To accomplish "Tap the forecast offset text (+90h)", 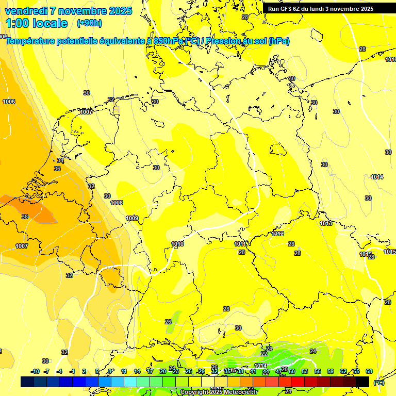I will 89,23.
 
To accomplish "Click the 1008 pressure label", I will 117,203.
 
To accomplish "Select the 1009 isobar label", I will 132,218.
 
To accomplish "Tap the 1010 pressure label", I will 177,244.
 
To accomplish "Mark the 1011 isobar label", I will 240,244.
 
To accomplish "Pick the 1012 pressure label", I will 277,234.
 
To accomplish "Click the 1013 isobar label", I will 325,223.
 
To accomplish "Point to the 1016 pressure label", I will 390,59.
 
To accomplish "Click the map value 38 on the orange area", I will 25,217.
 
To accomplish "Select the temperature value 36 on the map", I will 57,169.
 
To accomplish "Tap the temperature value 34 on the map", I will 60,160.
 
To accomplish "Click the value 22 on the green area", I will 264,354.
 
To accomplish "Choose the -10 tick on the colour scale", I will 35,371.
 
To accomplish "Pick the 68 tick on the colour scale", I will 369,371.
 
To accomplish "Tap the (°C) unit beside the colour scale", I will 378,383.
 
